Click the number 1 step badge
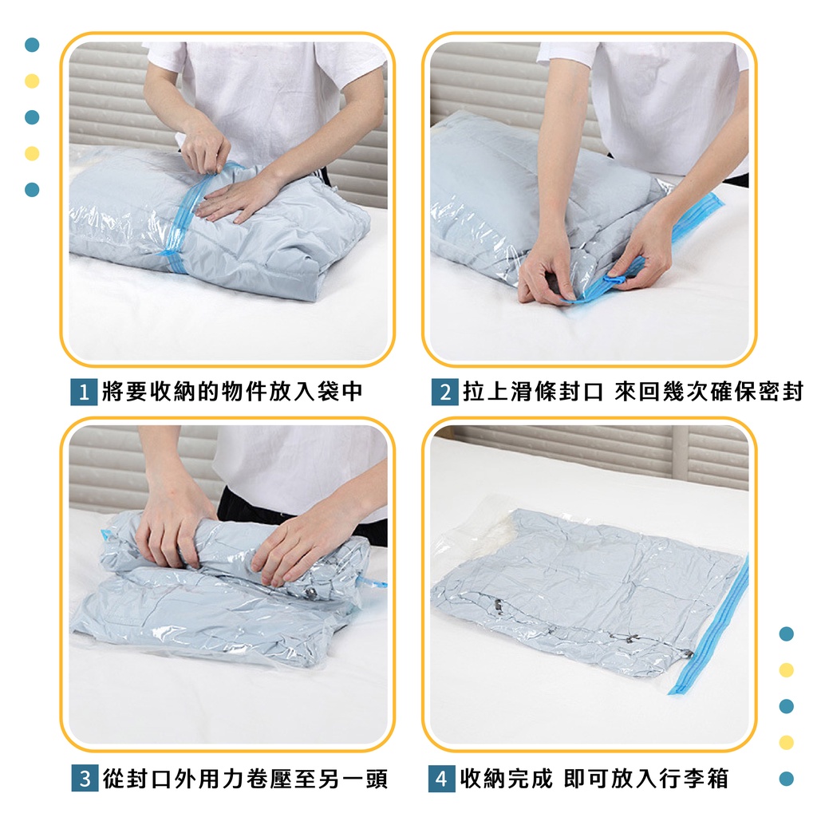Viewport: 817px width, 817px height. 84,392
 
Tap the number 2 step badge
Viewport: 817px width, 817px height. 445,392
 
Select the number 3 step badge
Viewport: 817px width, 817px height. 85,779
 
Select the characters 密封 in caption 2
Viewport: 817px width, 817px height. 781,391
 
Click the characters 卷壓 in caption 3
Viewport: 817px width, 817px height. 269,779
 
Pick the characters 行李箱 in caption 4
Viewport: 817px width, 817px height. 694,779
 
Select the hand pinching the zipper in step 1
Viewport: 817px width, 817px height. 206,146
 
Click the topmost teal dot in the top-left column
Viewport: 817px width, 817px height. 32,45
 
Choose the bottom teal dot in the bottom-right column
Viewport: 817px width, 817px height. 786,779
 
